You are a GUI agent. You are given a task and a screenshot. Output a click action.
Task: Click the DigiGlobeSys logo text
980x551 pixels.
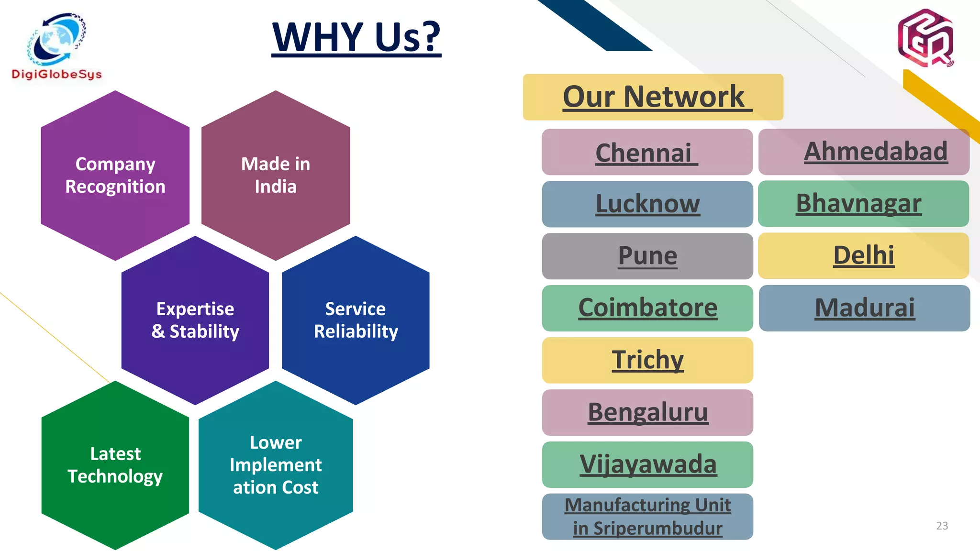click(56, 74)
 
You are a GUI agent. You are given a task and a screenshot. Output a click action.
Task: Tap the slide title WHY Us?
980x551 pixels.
click(356, 37)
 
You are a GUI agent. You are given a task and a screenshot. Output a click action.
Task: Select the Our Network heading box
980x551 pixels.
click(653, 97)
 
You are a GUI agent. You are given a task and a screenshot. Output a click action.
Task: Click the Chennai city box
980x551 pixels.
click(647, 152)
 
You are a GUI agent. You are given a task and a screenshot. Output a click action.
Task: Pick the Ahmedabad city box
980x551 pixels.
click(864, 152)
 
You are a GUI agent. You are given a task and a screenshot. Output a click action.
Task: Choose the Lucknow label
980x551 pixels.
click(647, 204)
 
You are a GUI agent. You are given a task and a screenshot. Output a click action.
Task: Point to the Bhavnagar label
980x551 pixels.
click(859, 203)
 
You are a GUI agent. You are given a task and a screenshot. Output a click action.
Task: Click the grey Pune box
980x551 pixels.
click(647, 256)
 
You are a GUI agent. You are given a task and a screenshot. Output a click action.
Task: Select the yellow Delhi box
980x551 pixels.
click(864, 255)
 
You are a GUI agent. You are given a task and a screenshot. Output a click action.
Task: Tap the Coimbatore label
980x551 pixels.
click(648, 308)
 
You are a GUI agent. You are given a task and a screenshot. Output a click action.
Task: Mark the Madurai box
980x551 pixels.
click(865, 308)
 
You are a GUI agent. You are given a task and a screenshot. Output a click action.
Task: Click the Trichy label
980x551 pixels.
click(647, 360)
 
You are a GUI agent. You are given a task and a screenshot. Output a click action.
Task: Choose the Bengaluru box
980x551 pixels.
click(647, 412)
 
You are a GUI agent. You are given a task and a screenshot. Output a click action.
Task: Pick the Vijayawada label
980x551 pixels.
click(648, 464)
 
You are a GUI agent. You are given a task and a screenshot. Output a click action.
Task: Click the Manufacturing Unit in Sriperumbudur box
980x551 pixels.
click(647, 517)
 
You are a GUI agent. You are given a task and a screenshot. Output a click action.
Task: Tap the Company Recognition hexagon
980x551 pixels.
click(115, 175)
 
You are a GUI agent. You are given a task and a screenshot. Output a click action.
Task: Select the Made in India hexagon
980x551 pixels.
click(276, 175)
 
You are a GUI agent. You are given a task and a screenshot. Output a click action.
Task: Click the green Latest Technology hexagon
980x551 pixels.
click(115, 465)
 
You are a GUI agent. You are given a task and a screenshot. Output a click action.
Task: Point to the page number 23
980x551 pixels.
click(942, 526)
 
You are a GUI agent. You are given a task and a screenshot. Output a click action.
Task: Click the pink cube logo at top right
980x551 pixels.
click(925, 38)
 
